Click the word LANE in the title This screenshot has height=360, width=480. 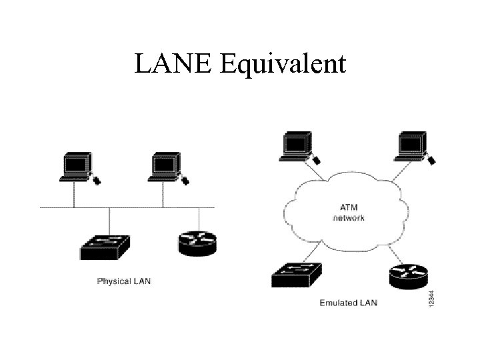tap(173, 64)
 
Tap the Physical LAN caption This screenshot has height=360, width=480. tap(124, 281)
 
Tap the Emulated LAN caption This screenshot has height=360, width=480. tap(348, 303)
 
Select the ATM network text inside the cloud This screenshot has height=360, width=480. tap(348, 213)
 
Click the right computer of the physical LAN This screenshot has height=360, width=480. tap(164, 166)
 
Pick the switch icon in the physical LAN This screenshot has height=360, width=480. tap(106, 247)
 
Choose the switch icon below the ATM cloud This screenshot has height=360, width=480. tap(297, 274)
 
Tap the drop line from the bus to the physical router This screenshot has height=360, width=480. tap(199, 219)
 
